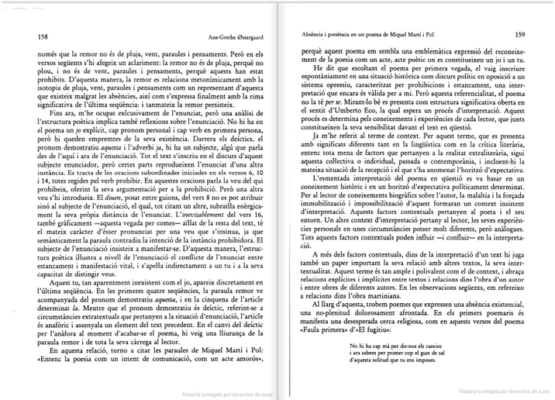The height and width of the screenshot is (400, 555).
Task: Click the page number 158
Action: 33,36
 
